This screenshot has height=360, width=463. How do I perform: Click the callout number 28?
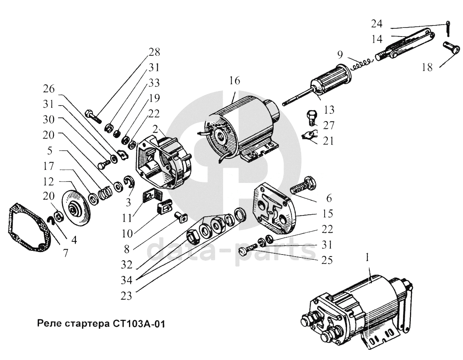(x=155, y=53)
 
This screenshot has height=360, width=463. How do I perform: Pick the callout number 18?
(x=427, y=67)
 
